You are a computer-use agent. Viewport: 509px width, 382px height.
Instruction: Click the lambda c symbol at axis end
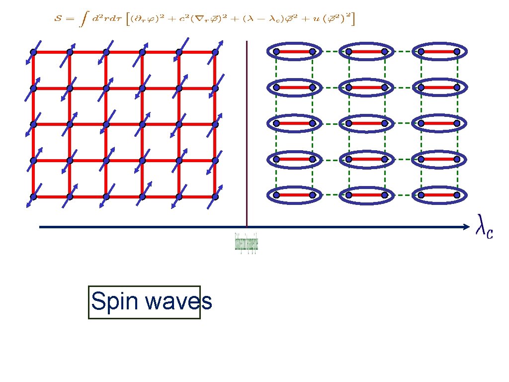(x=484, y=227)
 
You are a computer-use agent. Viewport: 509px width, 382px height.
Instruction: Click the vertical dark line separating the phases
(x=247, y=134)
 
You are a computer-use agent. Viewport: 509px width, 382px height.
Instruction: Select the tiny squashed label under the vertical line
(x=247, y=242)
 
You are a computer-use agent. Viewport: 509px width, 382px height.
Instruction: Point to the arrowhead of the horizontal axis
(x=466, y=227)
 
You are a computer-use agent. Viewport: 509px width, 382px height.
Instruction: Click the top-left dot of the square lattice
(x=33, y=52)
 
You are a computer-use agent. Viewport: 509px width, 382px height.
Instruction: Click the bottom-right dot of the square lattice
(x=215, y=196)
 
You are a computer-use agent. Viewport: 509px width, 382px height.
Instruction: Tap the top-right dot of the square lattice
(x=215, y=52)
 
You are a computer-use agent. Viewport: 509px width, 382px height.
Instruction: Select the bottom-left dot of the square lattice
(x=33, y=197)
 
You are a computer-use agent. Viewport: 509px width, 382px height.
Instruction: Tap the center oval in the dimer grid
(x=366, y=123)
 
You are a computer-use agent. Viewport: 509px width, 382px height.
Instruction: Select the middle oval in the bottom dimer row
(x=366, y=195)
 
